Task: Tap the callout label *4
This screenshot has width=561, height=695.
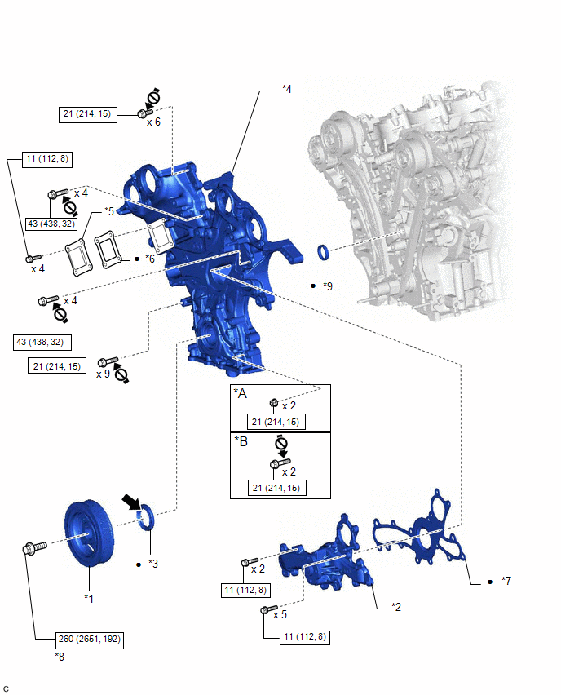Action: [286, 87]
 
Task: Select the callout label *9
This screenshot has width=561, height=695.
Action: [328, 286]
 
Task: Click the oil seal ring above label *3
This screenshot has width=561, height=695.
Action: [148, 518]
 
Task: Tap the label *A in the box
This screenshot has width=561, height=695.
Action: [241, 394]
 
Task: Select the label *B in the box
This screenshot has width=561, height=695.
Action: [241, 442]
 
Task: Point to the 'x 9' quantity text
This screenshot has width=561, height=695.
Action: [103, 374]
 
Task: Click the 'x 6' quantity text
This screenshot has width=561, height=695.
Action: [153, 122]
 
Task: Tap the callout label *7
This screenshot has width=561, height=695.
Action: [506, 581]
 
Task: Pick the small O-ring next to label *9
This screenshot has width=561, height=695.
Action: [322, 250]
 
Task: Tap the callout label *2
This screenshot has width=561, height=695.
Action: [396, 607]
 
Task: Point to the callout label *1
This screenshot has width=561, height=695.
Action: [90, 598]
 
